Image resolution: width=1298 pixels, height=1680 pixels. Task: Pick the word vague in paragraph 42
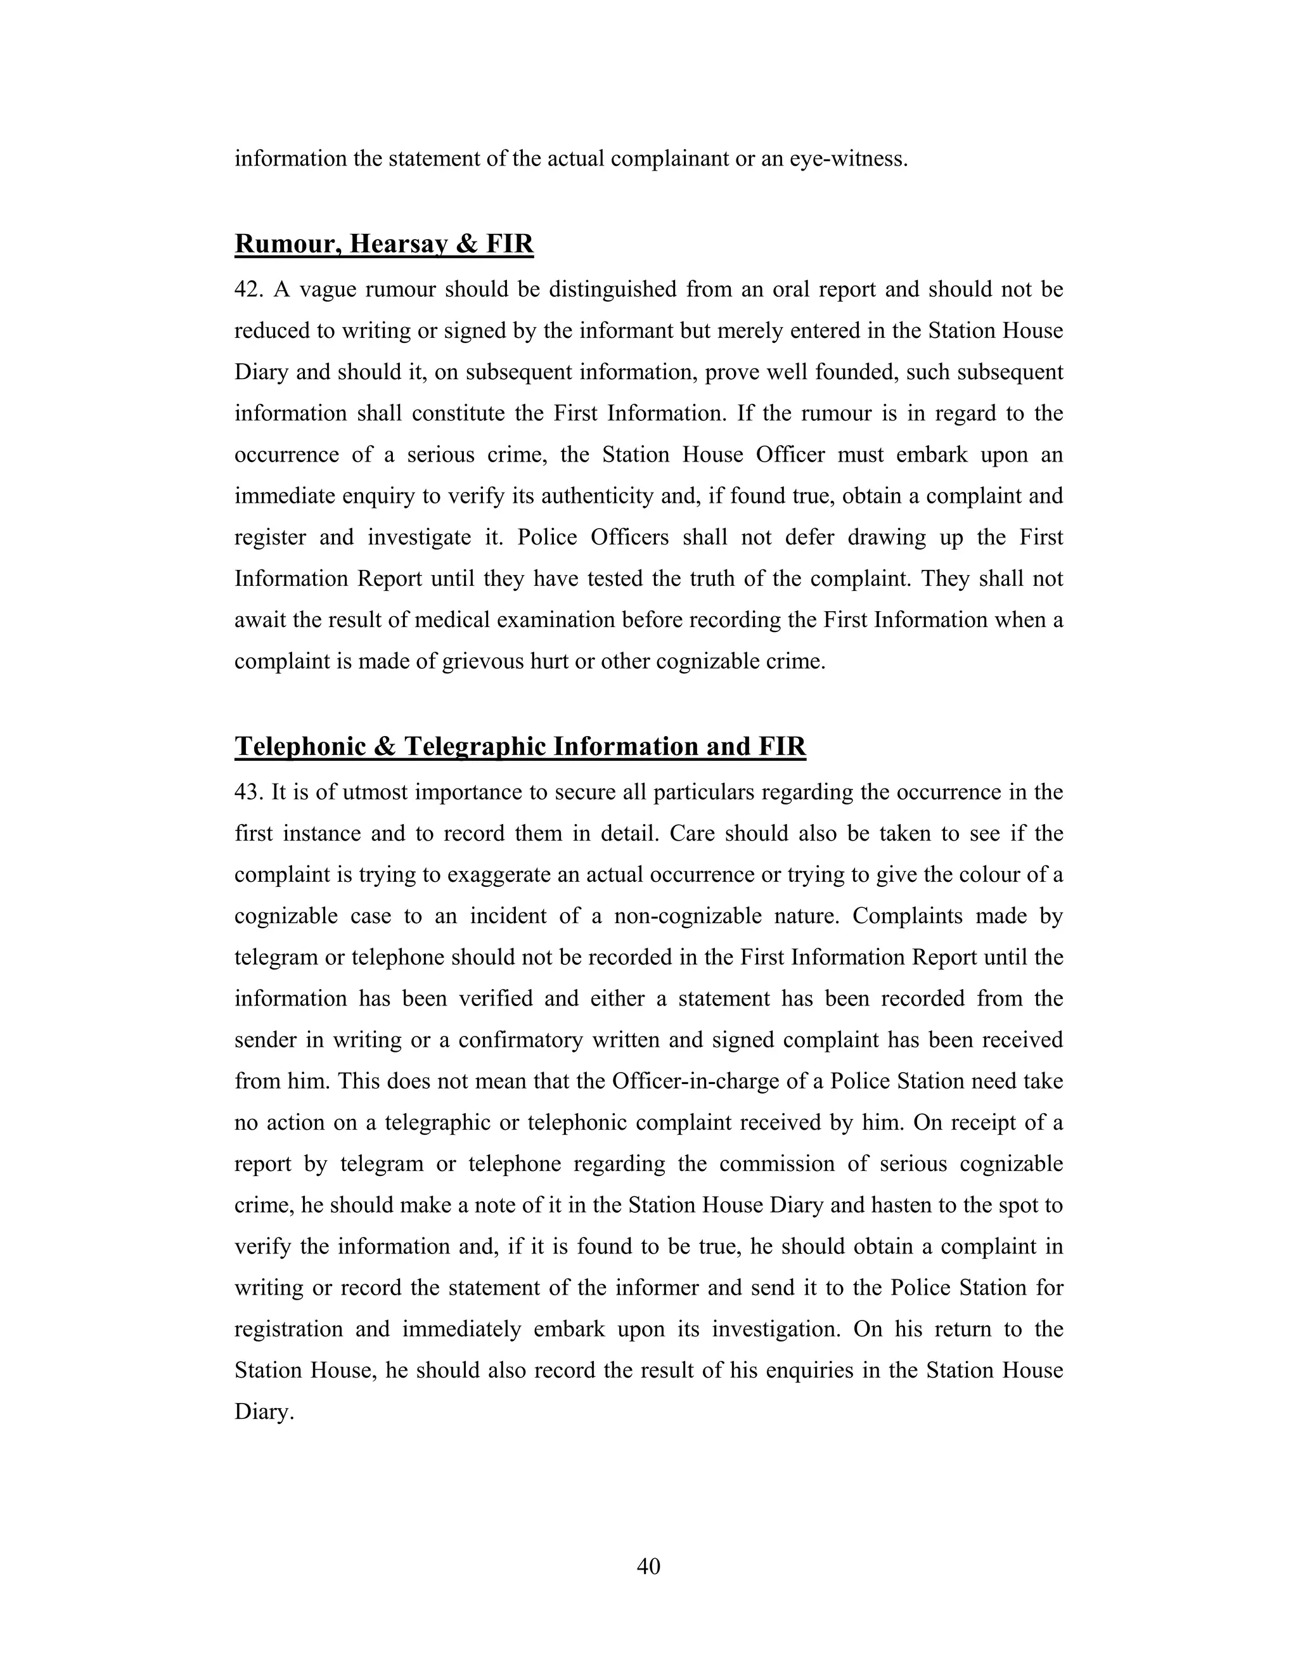tap(325, 290)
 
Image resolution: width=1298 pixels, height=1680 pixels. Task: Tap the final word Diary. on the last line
tap(264, 1412)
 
